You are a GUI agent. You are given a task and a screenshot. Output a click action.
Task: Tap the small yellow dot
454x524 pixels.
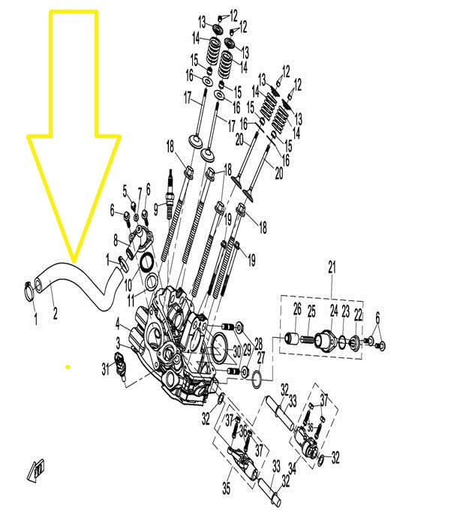(68, 367)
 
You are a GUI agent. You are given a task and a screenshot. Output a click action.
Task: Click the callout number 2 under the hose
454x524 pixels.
(55, 313)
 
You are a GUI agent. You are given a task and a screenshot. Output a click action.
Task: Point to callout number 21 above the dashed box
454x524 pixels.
(332, 267)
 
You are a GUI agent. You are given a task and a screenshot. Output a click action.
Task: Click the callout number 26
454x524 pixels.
(297, 309)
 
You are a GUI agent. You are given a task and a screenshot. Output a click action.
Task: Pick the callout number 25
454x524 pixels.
(311, 311)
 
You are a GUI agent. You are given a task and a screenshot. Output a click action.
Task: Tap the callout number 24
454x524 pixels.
(334, 311)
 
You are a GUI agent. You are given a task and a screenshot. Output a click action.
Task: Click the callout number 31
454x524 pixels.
(106, 369)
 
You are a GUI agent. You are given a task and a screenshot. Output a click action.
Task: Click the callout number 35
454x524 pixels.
(226, 488)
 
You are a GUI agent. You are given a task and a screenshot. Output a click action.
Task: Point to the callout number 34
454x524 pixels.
(293, 468)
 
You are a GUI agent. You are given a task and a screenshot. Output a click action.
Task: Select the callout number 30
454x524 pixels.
(237, 351)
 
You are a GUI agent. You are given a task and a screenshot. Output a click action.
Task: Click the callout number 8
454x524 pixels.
(116, 240)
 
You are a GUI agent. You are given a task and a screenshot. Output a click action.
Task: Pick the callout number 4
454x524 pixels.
(118, 323)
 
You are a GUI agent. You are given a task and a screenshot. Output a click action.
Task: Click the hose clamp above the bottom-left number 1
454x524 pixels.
(29, 291)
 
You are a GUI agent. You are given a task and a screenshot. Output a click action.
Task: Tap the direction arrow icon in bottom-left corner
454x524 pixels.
(36, 471)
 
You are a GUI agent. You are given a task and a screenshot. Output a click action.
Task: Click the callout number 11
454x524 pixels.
(131, 300)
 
